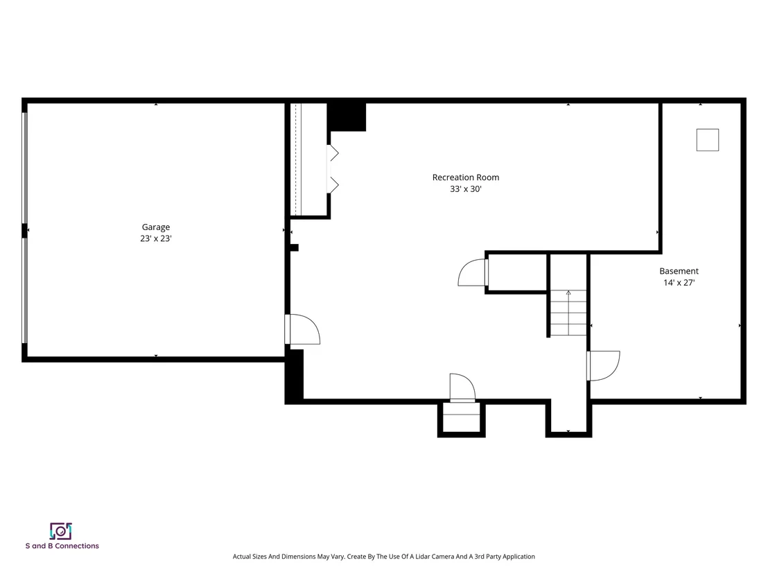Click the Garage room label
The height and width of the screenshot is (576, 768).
coord(156,227)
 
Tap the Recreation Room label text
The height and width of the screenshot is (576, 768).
coord(465,177)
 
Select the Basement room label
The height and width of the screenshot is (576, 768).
coord(679,271)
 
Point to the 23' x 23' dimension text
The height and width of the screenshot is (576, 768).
coord(156,238)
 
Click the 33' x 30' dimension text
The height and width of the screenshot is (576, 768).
coord(466,189)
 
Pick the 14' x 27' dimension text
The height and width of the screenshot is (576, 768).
coord(679,283)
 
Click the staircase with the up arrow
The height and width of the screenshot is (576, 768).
coord(568,313)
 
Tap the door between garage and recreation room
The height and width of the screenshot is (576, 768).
coord(302,329)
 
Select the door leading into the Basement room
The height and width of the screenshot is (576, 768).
coord(604,365)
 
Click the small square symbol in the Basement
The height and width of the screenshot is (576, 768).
coord(708,140)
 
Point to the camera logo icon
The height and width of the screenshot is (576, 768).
coord(61,531)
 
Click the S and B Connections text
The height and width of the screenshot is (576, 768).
coord(62,546)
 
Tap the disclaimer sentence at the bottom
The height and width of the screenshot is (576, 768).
coord(383,557)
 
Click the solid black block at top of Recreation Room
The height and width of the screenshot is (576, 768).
coord(347,116)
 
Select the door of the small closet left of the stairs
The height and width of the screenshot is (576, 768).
coord(473,272)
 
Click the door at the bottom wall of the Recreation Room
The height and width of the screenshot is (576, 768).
coord(462,388)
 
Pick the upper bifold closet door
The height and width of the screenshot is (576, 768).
coord(333,152)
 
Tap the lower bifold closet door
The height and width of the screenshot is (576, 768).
coord(333,185)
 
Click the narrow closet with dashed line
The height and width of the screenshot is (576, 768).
coord(308,159)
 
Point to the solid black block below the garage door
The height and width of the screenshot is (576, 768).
coord(294,376)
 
